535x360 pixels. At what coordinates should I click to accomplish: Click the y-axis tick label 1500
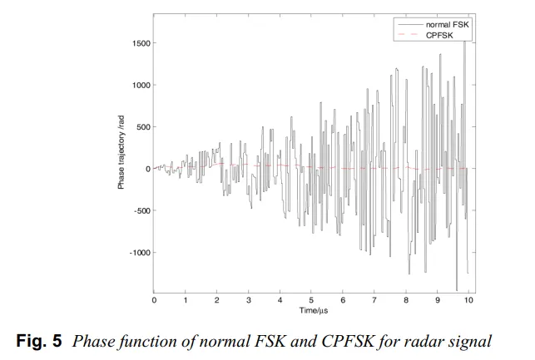pyautogui.click(x=139, y=43)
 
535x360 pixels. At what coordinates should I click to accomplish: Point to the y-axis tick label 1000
pyautogui.click(x=139, y=85)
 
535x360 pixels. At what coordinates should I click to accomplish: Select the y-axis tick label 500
pyautogui.click(x=141, y=127)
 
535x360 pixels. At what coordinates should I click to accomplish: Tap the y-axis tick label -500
pyautogui.click(x=140, y=210)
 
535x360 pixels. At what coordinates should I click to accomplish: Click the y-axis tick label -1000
pyautogui.click(x=137, y=252)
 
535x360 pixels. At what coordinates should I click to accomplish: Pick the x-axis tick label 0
pyautogui.click(x=154, y=299)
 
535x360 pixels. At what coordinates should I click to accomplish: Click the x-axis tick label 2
pyautogui.click(x=217, y=299)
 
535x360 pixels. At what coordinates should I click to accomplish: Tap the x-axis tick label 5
pyautogui.click(x=311, y=299)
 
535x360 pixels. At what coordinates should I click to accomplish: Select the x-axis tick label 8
pyautogui.click(x=406, y=299)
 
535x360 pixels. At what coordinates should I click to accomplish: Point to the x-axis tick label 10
pyautogui.click(x=468, y=299)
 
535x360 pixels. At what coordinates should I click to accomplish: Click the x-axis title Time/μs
pyautogui.click(x=311, y=310)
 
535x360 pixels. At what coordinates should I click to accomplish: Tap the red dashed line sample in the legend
pyautogui.click(x=407, y=35)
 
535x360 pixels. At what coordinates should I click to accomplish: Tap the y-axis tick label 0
pyautogui.click(x=147, y=169)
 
